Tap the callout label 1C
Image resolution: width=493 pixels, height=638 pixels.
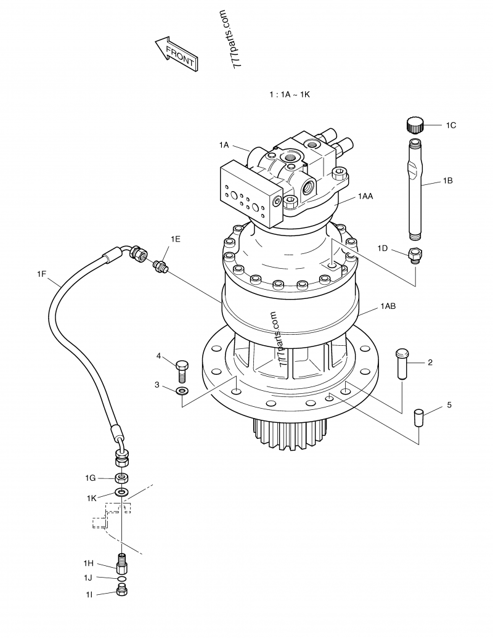[450, 125]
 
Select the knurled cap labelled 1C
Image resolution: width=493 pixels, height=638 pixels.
[415, 124]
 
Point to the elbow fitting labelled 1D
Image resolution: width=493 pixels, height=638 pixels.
[416, 256]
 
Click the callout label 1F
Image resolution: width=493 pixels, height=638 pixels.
[42, 274]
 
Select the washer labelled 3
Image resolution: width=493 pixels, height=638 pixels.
[182, 391]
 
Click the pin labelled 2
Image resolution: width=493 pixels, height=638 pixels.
[402, 363]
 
